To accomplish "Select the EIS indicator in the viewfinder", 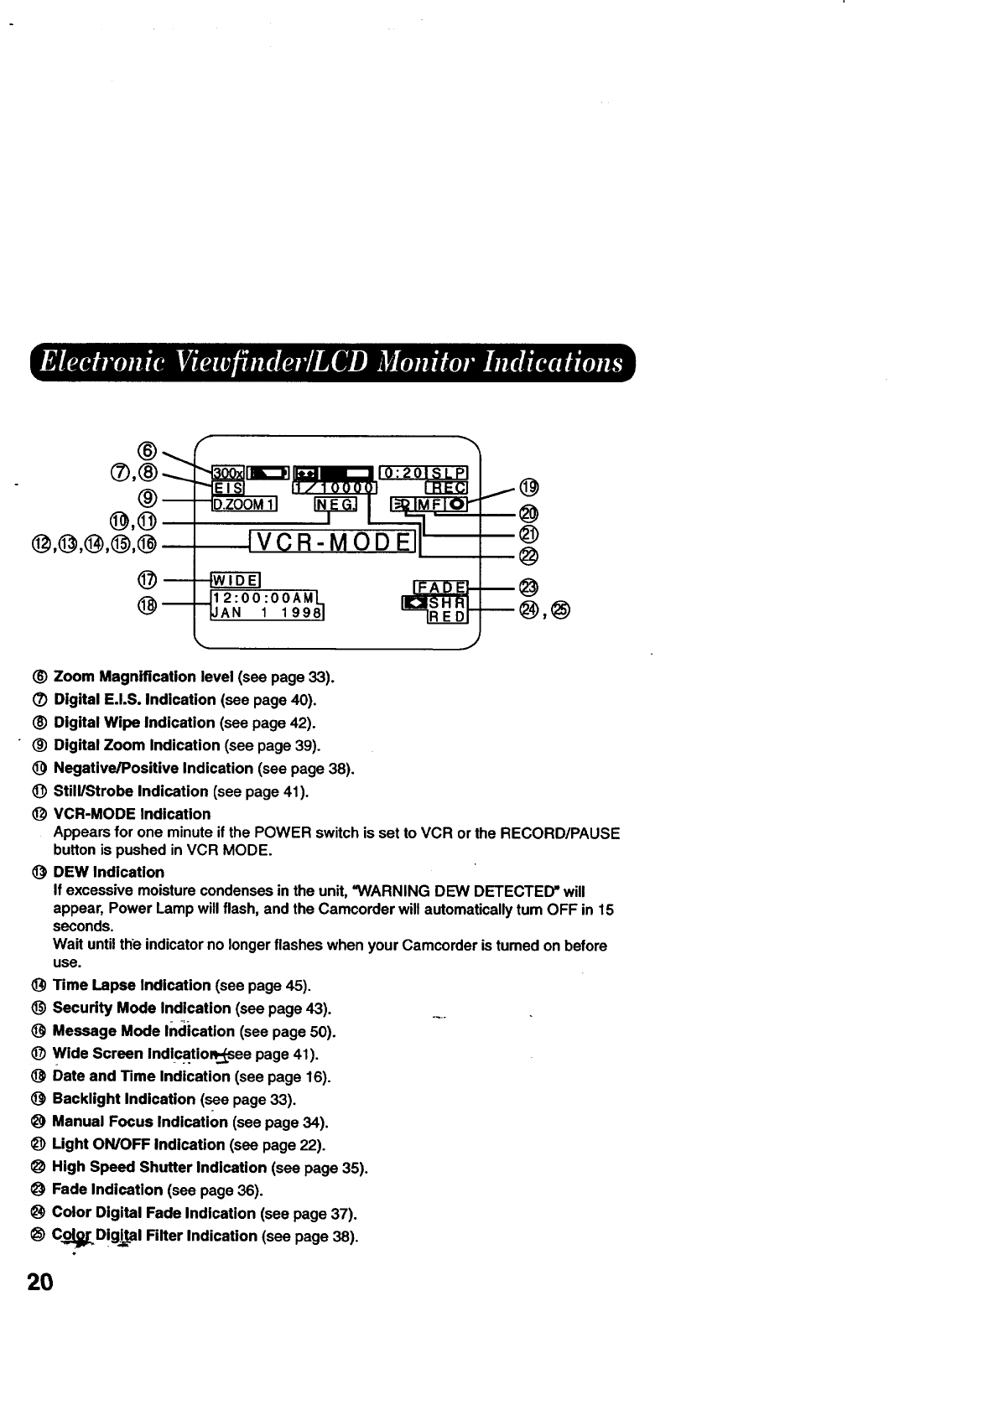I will (x=227, y=489).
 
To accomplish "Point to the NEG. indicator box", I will (x=335, y=504).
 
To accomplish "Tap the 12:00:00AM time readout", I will (x=262, y=597).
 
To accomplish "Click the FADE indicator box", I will (x=442, y=586).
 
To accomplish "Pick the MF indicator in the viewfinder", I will (x=434, y=504).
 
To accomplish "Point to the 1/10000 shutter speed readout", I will (x=335, y=489).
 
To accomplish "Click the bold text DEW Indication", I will (x=108, y=872).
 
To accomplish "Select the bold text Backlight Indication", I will (x=123, y=1099).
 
